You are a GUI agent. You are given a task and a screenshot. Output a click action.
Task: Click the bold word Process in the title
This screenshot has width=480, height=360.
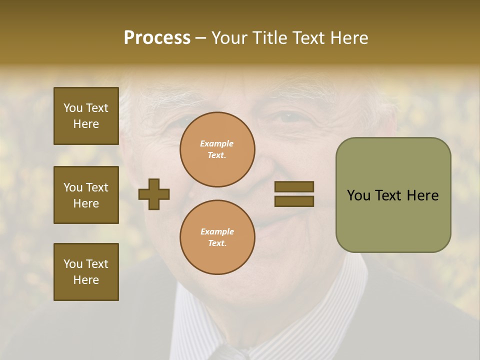point(157,38)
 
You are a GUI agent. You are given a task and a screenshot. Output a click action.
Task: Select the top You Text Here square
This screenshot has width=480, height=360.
point(86,116)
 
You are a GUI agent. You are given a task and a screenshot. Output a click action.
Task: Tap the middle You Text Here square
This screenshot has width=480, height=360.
point(86,195)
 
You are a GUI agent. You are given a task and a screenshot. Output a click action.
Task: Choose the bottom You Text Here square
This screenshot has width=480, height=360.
point(86,272)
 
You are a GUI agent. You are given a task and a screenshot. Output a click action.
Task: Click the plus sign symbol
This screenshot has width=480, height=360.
point(154,194)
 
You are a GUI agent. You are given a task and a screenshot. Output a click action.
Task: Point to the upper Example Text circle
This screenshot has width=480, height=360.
point(217,149)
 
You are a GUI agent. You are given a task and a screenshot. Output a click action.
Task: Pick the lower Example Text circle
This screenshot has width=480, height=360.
point(217,237)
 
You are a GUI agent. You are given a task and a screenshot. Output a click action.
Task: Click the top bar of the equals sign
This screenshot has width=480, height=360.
point(294,187)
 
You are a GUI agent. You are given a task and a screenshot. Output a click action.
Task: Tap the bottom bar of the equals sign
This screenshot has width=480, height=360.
point(294,201)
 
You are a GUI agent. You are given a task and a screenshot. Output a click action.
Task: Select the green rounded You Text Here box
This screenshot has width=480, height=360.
point(393,194)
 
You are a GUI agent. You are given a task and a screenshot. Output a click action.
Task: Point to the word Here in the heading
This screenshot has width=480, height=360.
point(349,38)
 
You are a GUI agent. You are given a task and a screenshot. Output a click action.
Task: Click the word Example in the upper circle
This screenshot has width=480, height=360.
point(216,143)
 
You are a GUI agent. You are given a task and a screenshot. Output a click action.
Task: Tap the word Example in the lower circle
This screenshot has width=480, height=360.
point(217,231)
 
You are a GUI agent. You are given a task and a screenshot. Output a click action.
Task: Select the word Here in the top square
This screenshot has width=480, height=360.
point(86,124)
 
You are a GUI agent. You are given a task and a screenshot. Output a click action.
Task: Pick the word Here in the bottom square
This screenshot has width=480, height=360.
point(86,280)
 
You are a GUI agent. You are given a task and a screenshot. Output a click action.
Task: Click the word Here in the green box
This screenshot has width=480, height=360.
point(422,195)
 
